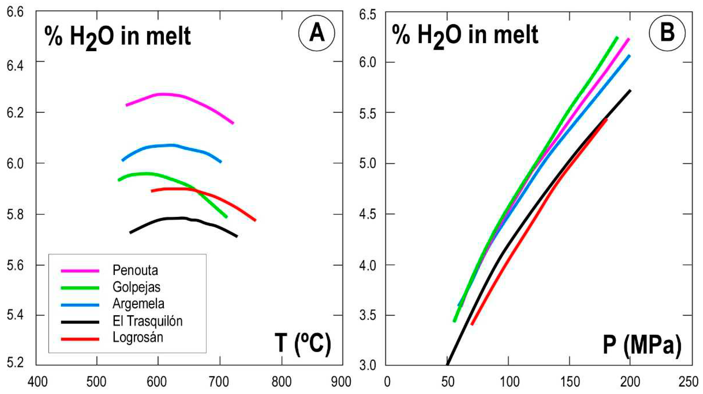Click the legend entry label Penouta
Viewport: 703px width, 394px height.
pos(135,270)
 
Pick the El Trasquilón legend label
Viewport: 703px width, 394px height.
pos(148,321)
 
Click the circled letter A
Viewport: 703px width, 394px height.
pos(317,33)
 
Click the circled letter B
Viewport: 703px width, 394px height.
pos(667,33)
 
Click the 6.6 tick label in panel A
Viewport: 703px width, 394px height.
pos(16,12)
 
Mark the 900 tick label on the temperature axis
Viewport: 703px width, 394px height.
pos(341,382)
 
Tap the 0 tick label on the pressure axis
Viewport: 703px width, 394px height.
pos(387,382)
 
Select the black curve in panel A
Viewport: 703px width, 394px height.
pos(175,218)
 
